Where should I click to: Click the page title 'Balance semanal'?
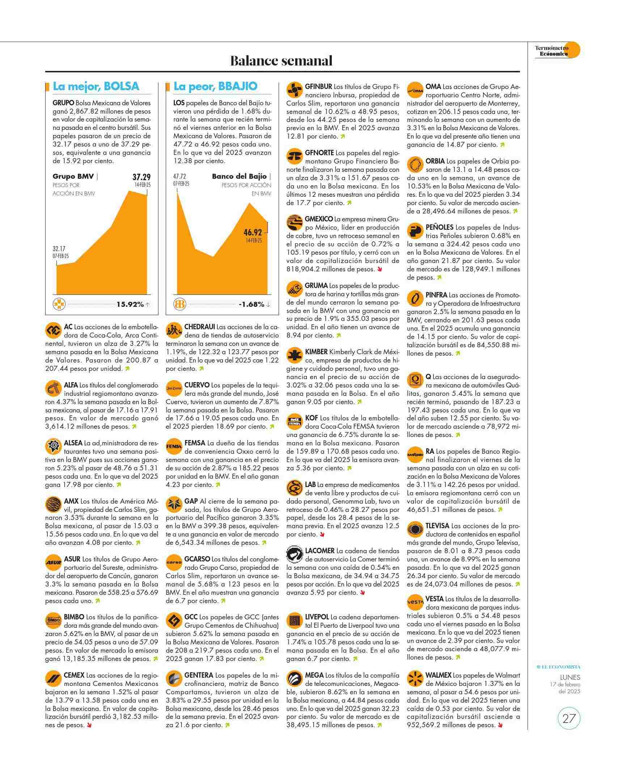pyautogui.click(x=282, y=61)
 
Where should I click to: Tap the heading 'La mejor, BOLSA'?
pyautogui.click(x=96, y=86)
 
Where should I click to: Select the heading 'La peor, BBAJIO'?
pyautogui.click(x=215, y=86)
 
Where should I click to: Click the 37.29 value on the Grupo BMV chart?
pyautogui.click(x=141, y=177)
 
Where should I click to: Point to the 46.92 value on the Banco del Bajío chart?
pyautogui.click(x=253, y=232)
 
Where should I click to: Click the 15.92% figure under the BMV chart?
pyautogui.click(x=130, y=304)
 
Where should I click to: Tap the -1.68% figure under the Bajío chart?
pyautogui.click(x=251, y=304)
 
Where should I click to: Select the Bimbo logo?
pyautogui.click(x=54, y=621)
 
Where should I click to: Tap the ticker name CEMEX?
pyautogui.click(x=74, y=675)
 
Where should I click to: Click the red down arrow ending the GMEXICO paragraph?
pyautogui.click(x=380, y=269)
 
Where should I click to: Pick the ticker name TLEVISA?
pyautogui.click(x=437, y=526)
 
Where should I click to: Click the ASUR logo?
pyautogui.click(x=54, y=563)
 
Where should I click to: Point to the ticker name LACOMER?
pyautogui.click(x=319, y=551)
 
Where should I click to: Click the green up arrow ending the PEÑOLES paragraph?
pyautogui.click(x=439, y=278)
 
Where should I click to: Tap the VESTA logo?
pyautogui.click(x=415, y=602)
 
